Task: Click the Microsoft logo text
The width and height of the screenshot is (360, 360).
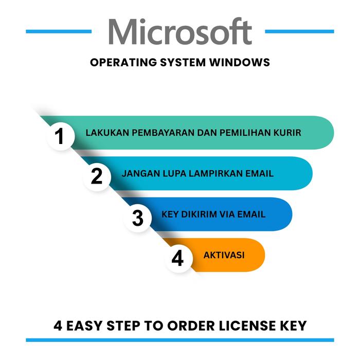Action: click(x=179, y=32)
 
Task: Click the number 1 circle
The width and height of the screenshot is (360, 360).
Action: click(x=61, y=136)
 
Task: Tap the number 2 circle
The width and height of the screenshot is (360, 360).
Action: click(x=97, y=176)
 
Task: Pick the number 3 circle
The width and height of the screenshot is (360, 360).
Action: click(x=137, y=217)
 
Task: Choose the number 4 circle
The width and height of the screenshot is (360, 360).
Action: click(x=177, y=258)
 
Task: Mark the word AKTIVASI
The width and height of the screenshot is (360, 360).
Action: click(x=224, y=255)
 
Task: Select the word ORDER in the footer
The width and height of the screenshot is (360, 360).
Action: click(x=193, y=326)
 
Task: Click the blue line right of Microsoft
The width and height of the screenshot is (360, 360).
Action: click(x=299, y=31)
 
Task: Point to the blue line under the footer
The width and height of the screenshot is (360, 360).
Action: click(x=179, y=340)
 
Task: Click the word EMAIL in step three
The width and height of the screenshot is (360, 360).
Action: click(x=250, y=214)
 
